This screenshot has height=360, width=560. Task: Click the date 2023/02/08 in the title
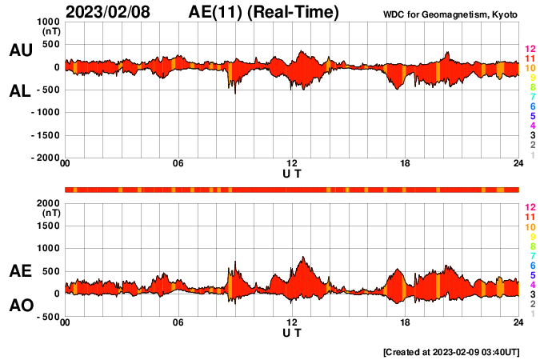pos(112,12)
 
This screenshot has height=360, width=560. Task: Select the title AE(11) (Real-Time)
pos(264,12)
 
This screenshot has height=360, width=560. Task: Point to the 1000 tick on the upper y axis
pos(47,22)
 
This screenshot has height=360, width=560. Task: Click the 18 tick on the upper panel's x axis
pos(405,164)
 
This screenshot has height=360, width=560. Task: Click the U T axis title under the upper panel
pos(292,173)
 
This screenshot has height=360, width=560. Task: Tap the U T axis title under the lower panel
pos(292,331)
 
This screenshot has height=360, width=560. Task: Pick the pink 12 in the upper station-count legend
pos(530,50)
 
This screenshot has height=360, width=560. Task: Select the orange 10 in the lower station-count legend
pos(530,227)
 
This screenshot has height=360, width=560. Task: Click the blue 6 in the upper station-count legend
pos(531,106)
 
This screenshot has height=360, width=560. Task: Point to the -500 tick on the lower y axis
pos(49,317)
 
